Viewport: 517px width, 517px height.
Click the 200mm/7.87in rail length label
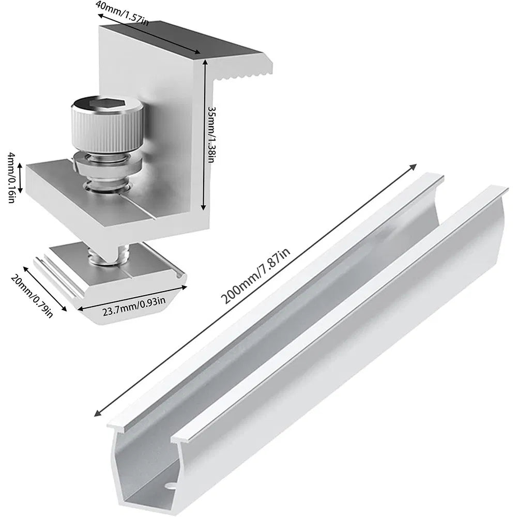click(x=255, y=276)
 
